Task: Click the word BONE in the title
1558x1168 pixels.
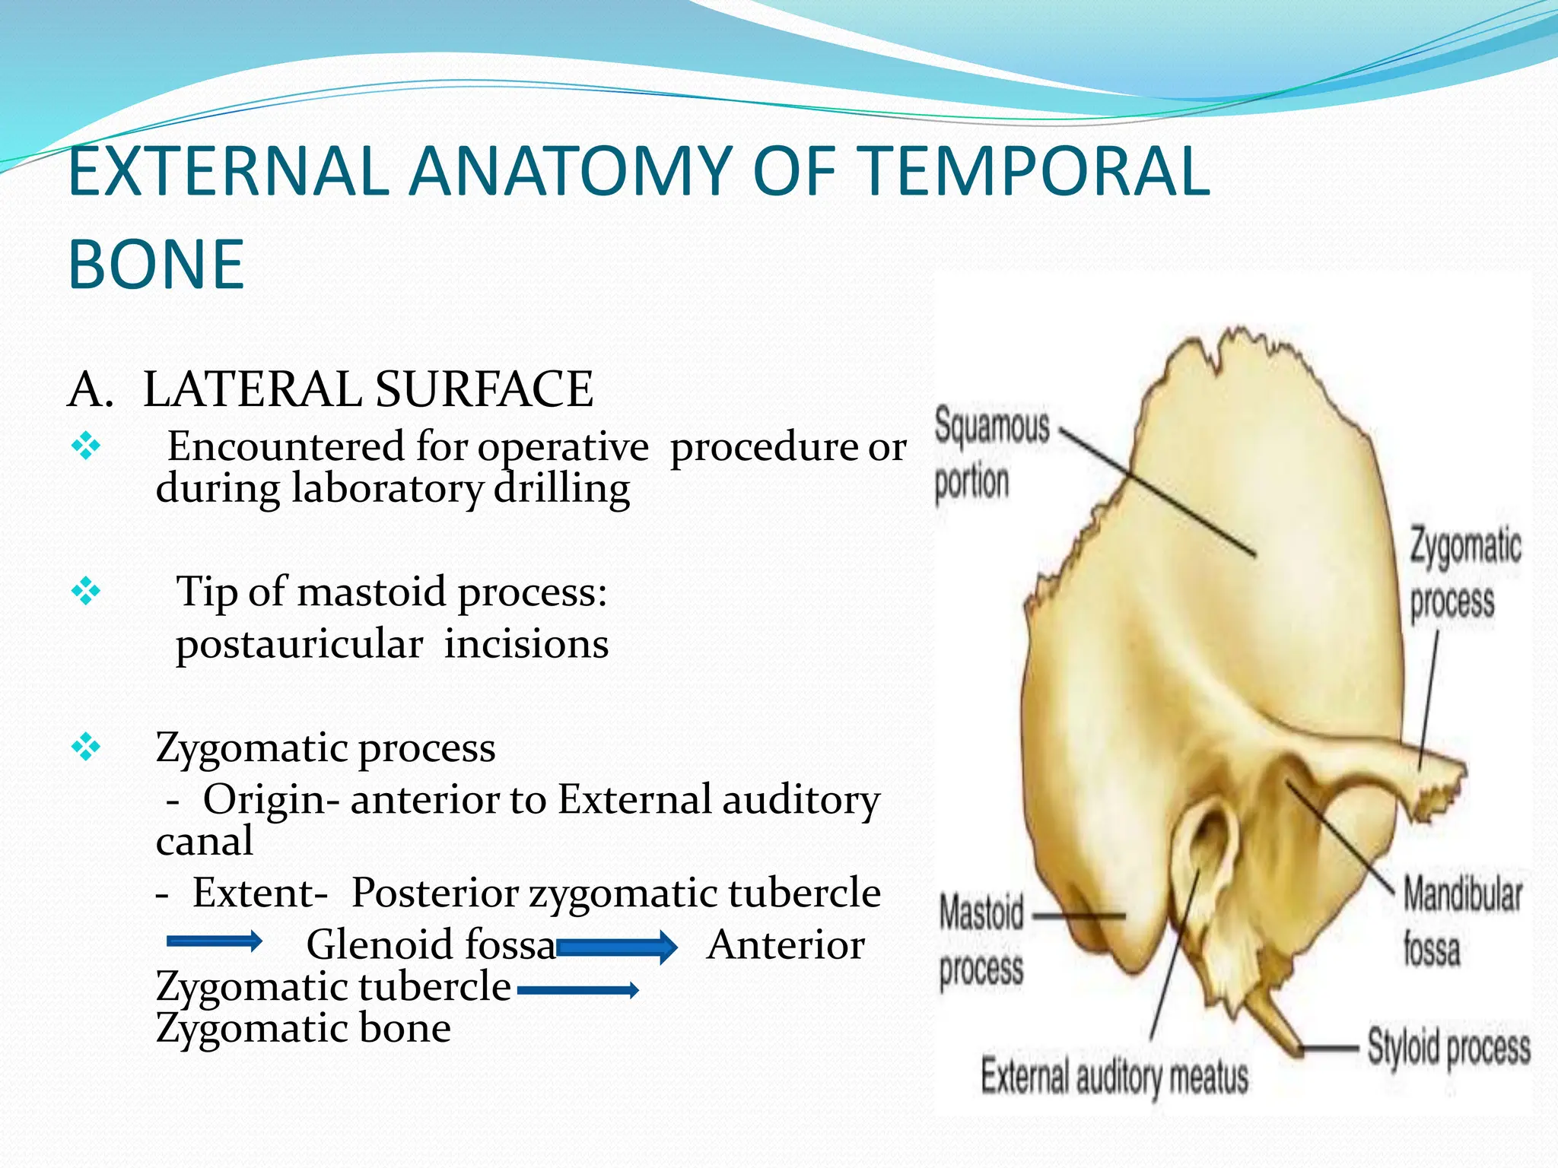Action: click(x=156, y=265)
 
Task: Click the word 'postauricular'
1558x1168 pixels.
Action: click(x=299, y=644)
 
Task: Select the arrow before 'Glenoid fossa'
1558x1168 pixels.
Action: click(x=214, y=942)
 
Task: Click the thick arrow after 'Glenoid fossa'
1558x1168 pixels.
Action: click(x=617, y=947)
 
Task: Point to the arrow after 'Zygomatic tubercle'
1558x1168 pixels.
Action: click(x=577, y=990)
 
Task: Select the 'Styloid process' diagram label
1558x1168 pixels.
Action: click(x=1448, y=1048)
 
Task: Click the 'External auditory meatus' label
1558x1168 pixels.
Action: click(x=1114, y=1077)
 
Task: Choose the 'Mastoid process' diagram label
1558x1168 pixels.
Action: click(x=981, y=941)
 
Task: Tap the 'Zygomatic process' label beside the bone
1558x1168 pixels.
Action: click(x=1464, y=574)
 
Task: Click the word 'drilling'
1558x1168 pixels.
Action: click(x=561, y=488)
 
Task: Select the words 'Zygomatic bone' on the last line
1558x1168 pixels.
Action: click(x=303, y=1028)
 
